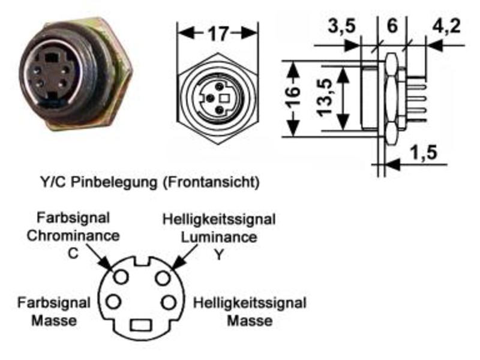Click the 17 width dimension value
[x=218, y=34]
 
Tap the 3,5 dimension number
[x=342, y=26]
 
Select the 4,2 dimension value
[x=446, y=26]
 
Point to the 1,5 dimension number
[x=424, y=152]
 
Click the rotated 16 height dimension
[x=292, y=97]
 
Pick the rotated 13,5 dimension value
[x=325, y=97]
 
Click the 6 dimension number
[x=392, y=26]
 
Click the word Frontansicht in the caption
[x=211, y=182]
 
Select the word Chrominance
[x=73, y=236]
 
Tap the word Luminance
[x=219, y=237]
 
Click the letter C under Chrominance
[x=73, y=253]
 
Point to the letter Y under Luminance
[x=218, y=254]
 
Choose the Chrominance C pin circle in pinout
[x=121, y=277]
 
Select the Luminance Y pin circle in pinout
[x=163, y=278]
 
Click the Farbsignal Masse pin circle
[x=113, y=302]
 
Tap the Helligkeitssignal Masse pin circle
[x=169, y=302]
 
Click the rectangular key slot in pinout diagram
[x=141, y=325]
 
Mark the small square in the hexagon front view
[x=226, y=98]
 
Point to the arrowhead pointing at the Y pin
[x=177, y=263]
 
